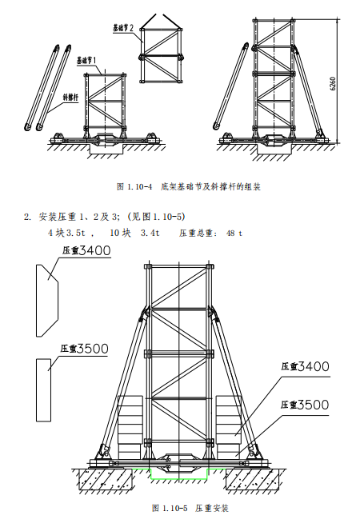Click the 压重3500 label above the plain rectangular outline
click(86, 349)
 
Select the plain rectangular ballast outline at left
click(45, 389)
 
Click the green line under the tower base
click(179, 477)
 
